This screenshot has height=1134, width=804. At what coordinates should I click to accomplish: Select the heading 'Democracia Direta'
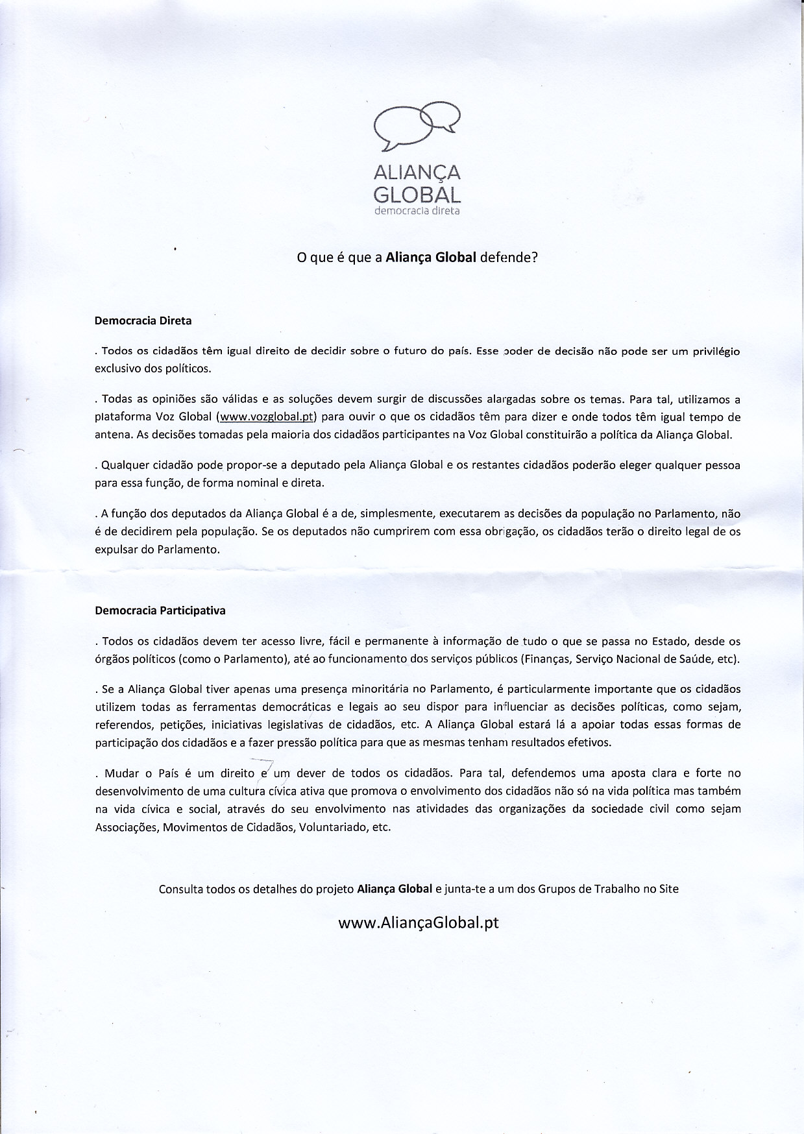click(143, 320)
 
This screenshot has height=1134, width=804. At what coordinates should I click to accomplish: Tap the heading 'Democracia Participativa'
click(160, 610)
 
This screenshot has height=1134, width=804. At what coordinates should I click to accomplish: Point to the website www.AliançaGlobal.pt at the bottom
click(419, 923)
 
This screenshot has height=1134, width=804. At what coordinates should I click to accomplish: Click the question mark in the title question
click(535, 257)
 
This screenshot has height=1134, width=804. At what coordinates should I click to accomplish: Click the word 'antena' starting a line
click(113, 435)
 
